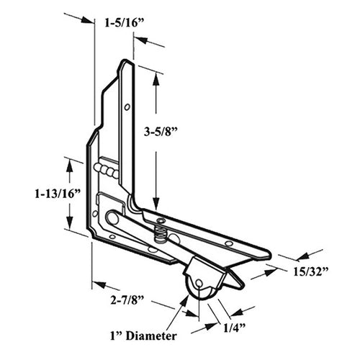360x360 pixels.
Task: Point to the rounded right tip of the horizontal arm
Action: [x=266, y=253]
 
